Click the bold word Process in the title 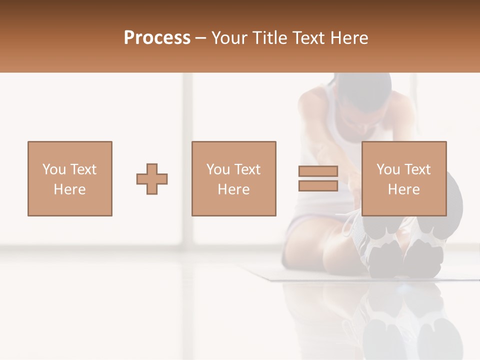[x=157, y=38]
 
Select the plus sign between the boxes [x=152, y=179]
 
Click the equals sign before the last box [x=318, y=178]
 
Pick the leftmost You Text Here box [x=69, y=178]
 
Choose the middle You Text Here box [x=233, y=178]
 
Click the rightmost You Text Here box [x=403, y=178]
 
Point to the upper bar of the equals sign [x=318, y=171]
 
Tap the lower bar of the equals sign [x=318, y=186]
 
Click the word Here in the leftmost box [x=69, y=189]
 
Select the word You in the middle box [x=218, y=169]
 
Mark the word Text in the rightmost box [x=416, y=169]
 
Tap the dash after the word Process [x=200, y=38]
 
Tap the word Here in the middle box [x=233, y=189]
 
